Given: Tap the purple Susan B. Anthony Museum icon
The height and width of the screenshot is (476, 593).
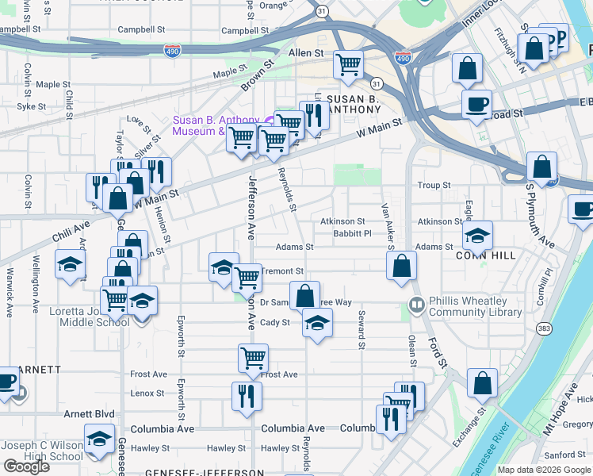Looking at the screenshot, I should (270, 121).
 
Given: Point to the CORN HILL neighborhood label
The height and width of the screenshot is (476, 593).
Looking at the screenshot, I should (486, 255).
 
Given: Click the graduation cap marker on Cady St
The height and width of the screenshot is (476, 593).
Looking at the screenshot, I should (317, 322).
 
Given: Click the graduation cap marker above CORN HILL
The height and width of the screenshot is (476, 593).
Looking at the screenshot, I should (476, 234).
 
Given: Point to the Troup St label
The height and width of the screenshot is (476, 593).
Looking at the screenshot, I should (434, 185).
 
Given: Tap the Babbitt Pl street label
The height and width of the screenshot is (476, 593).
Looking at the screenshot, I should (352, 234).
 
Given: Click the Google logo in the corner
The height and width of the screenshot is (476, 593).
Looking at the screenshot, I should (26, 466).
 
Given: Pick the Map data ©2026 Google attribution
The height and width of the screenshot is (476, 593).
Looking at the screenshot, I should (544, 470).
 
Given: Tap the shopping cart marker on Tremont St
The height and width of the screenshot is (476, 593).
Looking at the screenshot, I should (247, 277).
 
